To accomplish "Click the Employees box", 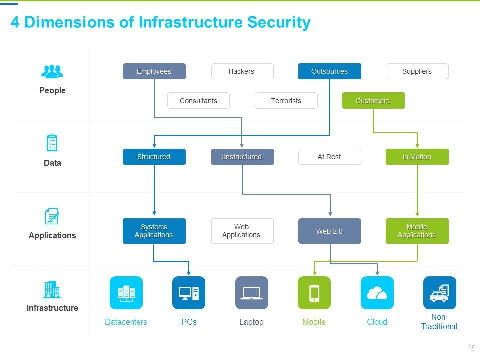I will pyautogui.click(x=154, y=71).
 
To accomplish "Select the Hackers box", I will pyautogui.click(x=242, y=71).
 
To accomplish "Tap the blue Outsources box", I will pyautogui.click(x=329, y=71).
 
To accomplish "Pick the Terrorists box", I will pyautogui.click(x=286, y=101).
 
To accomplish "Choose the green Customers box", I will pyautogui.click(x=373, y=101).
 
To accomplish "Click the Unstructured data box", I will pyautogui.click(x=242, y=157).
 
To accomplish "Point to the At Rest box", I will pyautogui.click(x=329, y=157).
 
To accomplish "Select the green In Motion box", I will pyautogui.click(x=417, y=157).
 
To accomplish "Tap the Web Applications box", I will pyautogui.click(x=242, y=231).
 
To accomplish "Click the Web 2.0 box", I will pyautogui.click(x=329, y=231).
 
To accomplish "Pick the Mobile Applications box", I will pyautogui.click(x=417, y=231).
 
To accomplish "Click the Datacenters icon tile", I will pyautogui.click(x=126, y=293).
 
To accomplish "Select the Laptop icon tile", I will pyautogui.click(x=251, y=293).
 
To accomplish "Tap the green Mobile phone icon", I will pyautogui.click(x=314, y=293).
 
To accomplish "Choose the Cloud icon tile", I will pyautogui.click(x=377, y=293).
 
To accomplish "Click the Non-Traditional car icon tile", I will pyautogui.click(x=439, y=293).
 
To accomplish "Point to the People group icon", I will pyautogui.click(x=52, y=72).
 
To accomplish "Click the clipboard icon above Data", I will pyautogui.click(x=52, y=143).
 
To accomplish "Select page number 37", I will pyautogui.click(x=470, y=347).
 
